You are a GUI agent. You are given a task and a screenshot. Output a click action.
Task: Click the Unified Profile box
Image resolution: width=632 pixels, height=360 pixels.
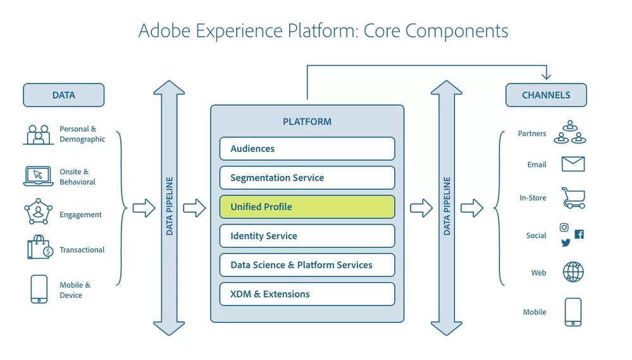[307, 207]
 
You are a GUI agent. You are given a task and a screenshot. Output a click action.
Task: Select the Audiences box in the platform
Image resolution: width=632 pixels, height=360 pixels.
[307, 149]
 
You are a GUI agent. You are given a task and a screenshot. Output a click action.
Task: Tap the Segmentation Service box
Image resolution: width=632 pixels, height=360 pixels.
[307, 178]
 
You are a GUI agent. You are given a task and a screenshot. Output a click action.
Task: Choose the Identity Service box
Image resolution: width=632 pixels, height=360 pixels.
[307, 236]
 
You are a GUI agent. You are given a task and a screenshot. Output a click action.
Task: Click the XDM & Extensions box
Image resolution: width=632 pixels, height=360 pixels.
[307, 294]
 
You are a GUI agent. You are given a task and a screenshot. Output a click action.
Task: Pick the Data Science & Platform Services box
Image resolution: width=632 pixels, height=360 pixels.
[307, 265]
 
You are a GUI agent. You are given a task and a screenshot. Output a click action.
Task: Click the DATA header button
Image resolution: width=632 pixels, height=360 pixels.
[63, 95]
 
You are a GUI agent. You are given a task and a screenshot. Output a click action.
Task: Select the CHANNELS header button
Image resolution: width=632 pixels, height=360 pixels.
[546, 95]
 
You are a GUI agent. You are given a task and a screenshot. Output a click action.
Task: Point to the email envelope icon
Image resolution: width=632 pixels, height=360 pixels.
[573, 164]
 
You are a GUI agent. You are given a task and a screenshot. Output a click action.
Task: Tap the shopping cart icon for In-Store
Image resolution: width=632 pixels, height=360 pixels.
[573, 197]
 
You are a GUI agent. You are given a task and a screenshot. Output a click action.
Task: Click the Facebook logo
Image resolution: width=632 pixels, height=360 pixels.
[579, 234]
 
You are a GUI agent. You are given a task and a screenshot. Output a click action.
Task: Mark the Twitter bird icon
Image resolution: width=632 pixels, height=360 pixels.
[566, 242]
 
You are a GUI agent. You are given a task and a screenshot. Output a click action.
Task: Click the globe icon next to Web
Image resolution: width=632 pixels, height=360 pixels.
[573, 272]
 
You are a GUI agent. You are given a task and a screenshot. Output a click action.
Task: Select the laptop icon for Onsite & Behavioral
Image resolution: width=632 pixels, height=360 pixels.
[38, 176]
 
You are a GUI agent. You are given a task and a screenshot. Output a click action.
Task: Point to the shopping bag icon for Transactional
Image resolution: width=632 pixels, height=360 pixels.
[39, 248]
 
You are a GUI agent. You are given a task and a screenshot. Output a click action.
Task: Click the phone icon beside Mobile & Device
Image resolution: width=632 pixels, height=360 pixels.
[39, 289]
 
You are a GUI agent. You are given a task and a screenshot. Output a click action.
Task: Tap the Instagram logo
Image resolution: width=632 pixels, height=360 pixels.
[564, 228]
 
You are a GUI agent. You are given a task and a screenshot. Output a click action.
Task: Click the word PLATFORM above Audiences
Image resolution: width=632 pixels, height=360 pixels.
[307, 121]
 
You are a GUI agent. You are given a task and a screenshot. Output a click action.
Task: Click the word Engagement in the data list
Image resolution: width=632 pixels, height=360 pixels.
[80, 215]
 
